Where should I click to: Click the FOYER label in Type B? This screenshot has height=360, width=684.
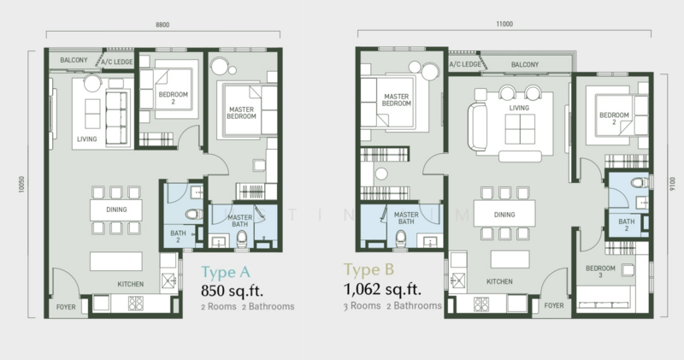click(555, 304)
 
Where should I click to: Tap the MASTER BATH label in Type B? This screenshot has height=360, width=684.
click(404, 219)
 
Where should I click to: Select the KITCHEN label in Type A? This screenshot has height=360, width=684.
click(131, 285)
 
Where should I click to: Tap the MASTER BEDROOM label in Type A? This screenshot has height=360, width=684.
click(244, 114)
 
